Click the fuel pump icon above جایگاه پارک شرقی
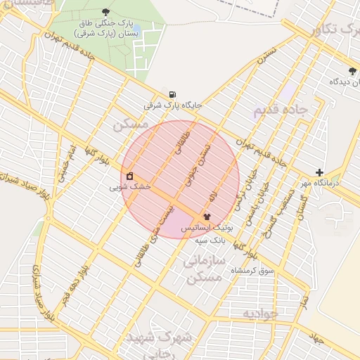(x=172, y=94)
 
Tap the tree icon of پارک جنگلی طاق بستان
(x=105, y=11)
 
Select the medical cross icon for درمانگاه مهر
(x=319, y=172)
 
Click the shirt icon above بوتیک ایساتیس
(x=207, y=217)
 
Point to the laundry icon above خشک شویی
(x=129, y=176)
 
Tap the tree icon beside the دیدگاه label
(x=352, y=70)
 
